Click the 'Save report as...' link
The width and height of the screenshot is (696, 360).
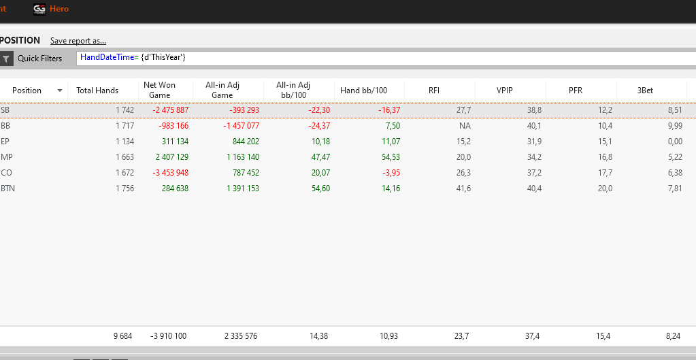78,41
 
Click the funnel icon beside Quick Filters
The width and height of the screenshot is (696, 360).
5,58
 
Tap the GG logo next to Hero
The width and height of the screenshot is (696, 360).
39,9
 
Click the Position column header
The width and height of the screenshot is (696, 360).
27,91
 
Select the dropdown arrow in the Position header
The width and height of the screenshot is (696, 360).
59,91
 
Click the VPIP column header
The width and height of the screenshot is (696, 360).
506,91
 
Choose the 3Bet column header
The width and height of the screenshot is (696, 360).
645,91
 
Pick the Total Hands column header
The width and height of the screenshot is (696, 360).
97,91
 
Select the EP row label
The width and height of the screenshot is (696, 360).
5,142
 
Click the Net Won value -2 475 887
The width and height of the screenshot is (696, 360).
171,110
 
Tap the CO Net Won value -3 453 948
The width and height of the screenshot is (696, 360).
171,173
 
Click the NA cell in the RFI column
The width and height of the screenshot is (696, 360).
465,126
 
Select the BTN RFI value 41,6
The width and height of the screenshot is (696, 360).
463,189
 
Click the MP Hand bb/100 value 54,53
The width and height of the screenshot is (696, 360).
391,157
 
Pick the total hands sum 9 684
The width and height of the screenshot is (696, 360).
122,336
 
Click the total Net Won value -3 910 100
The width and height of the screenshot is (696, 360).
169,336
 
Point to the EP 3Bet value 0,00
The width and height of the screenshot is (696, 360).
675,142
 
